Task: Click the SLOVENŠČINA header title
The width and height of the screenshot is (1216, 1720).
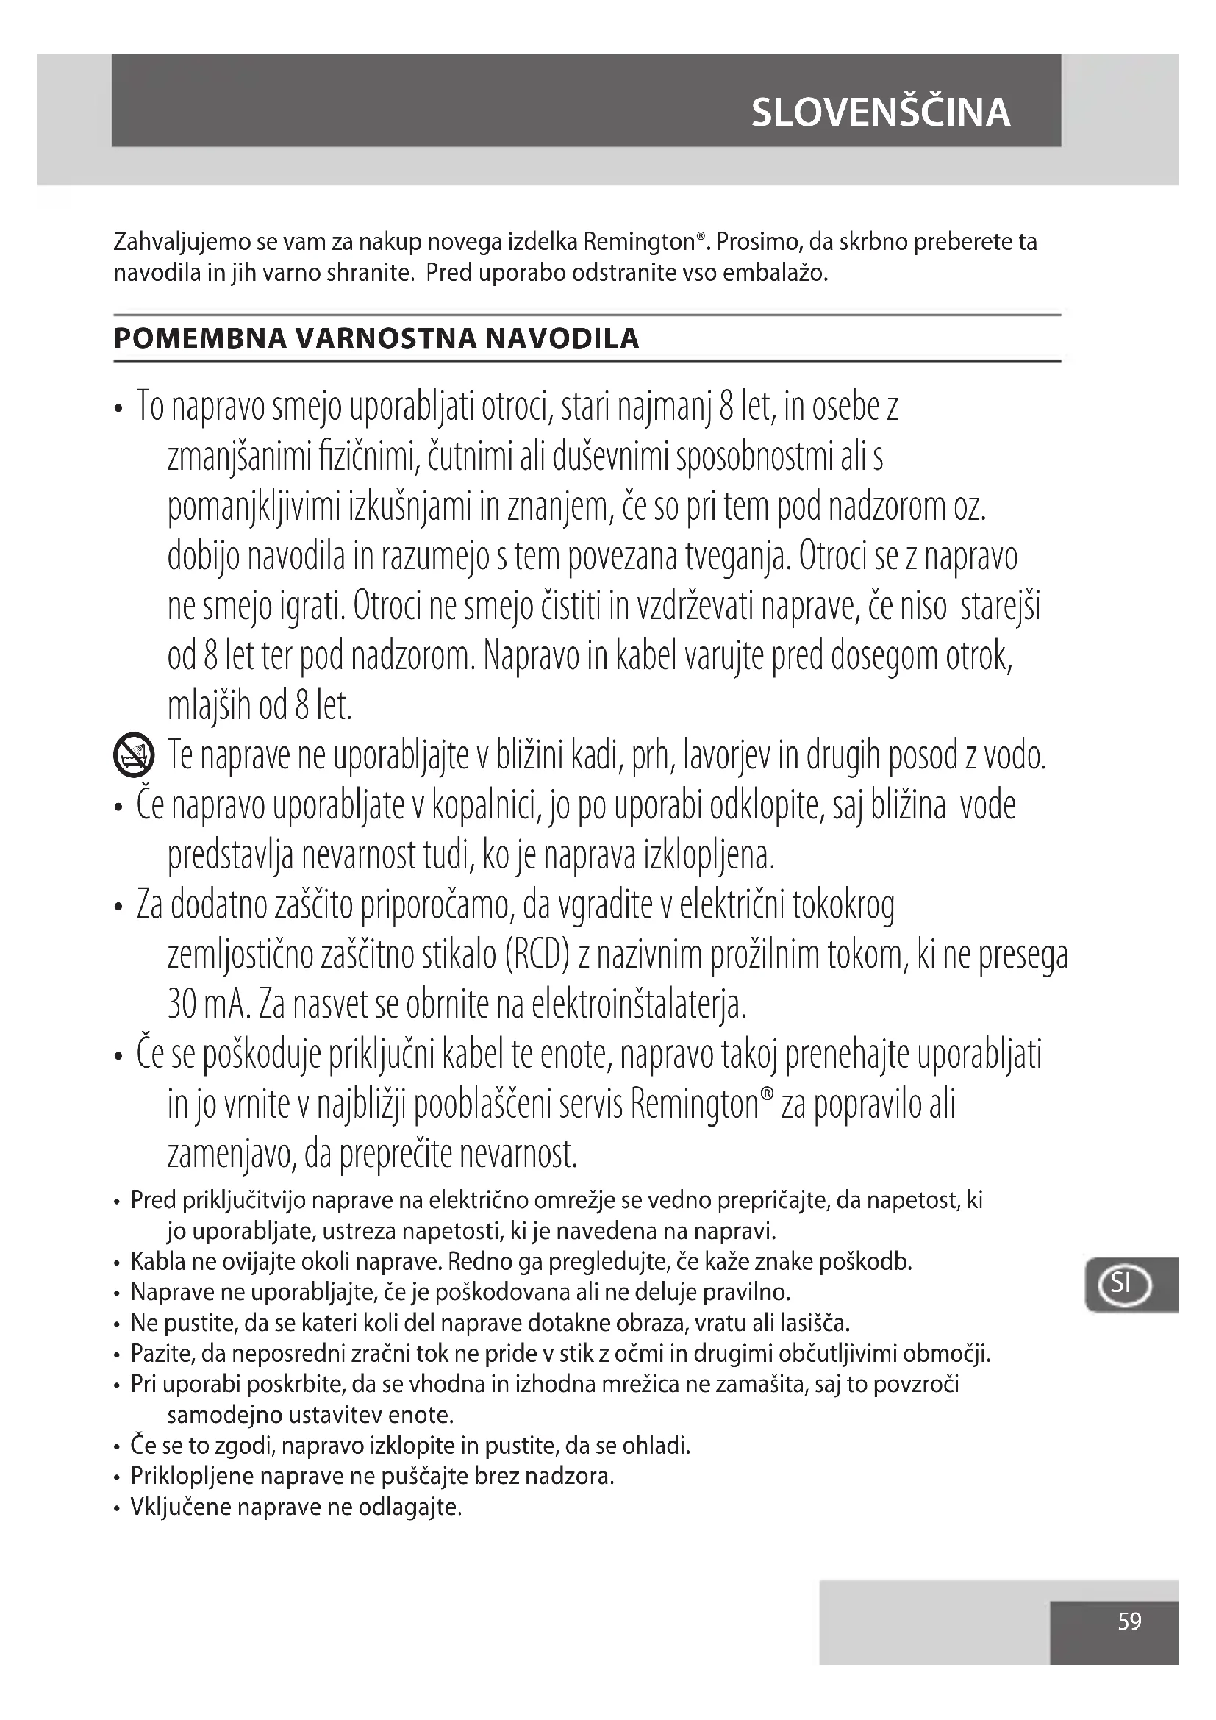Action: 881,113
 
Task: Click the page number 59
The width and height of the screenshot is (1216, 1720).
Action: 1129,1622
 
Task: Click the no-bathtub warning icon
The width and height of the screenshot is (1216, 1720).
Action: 133,754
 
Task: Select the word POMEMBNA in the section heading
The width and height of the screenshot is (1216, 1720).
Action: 200,338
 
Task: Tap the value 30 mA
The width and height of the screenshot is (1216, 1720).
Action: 207,1004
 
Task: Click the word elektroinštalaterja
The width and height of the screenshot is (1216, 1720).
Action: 639,1004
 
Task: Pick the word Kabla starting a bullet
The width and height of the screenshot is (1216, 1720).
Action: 157,1263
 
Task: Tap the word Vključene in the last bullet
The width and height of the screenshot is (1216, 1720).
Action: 180,1507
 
